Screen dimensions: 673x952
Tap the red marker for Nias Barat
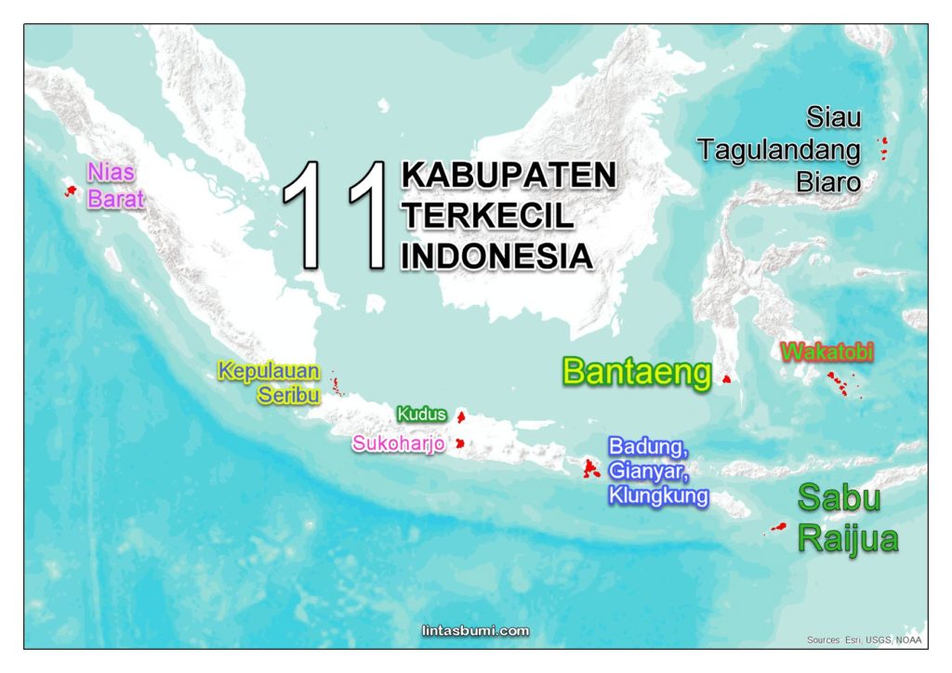point(69,191)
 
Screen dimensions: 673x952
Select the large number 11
point(337,215)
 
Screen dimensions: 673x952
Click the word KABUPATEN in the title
point(509,175)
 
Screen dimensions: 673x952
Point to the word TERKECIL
point(488,216)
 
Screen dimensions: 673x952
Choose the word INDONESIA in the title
point(497,256)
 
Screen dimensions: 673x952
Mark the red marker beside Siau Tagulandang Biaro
point(883,145)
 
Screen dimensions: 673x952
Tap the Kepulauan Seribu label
point(270,383)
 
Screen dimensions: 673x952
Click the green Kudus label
point(421,414)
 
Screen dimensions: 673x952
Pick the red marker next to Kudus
point(460,416)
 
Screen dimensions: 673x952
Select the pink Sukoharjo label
point(398,443)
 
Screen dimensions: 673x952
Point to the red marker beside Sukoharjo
point(458,443)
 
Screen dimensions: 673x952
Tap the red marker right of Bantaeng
point(726,378)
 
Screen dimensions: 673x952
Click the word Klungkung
point(658,496)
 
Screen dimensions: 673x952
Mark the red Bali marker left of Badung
point(589,469)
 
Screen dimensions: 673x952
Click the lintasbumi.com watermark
point(475,631)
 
